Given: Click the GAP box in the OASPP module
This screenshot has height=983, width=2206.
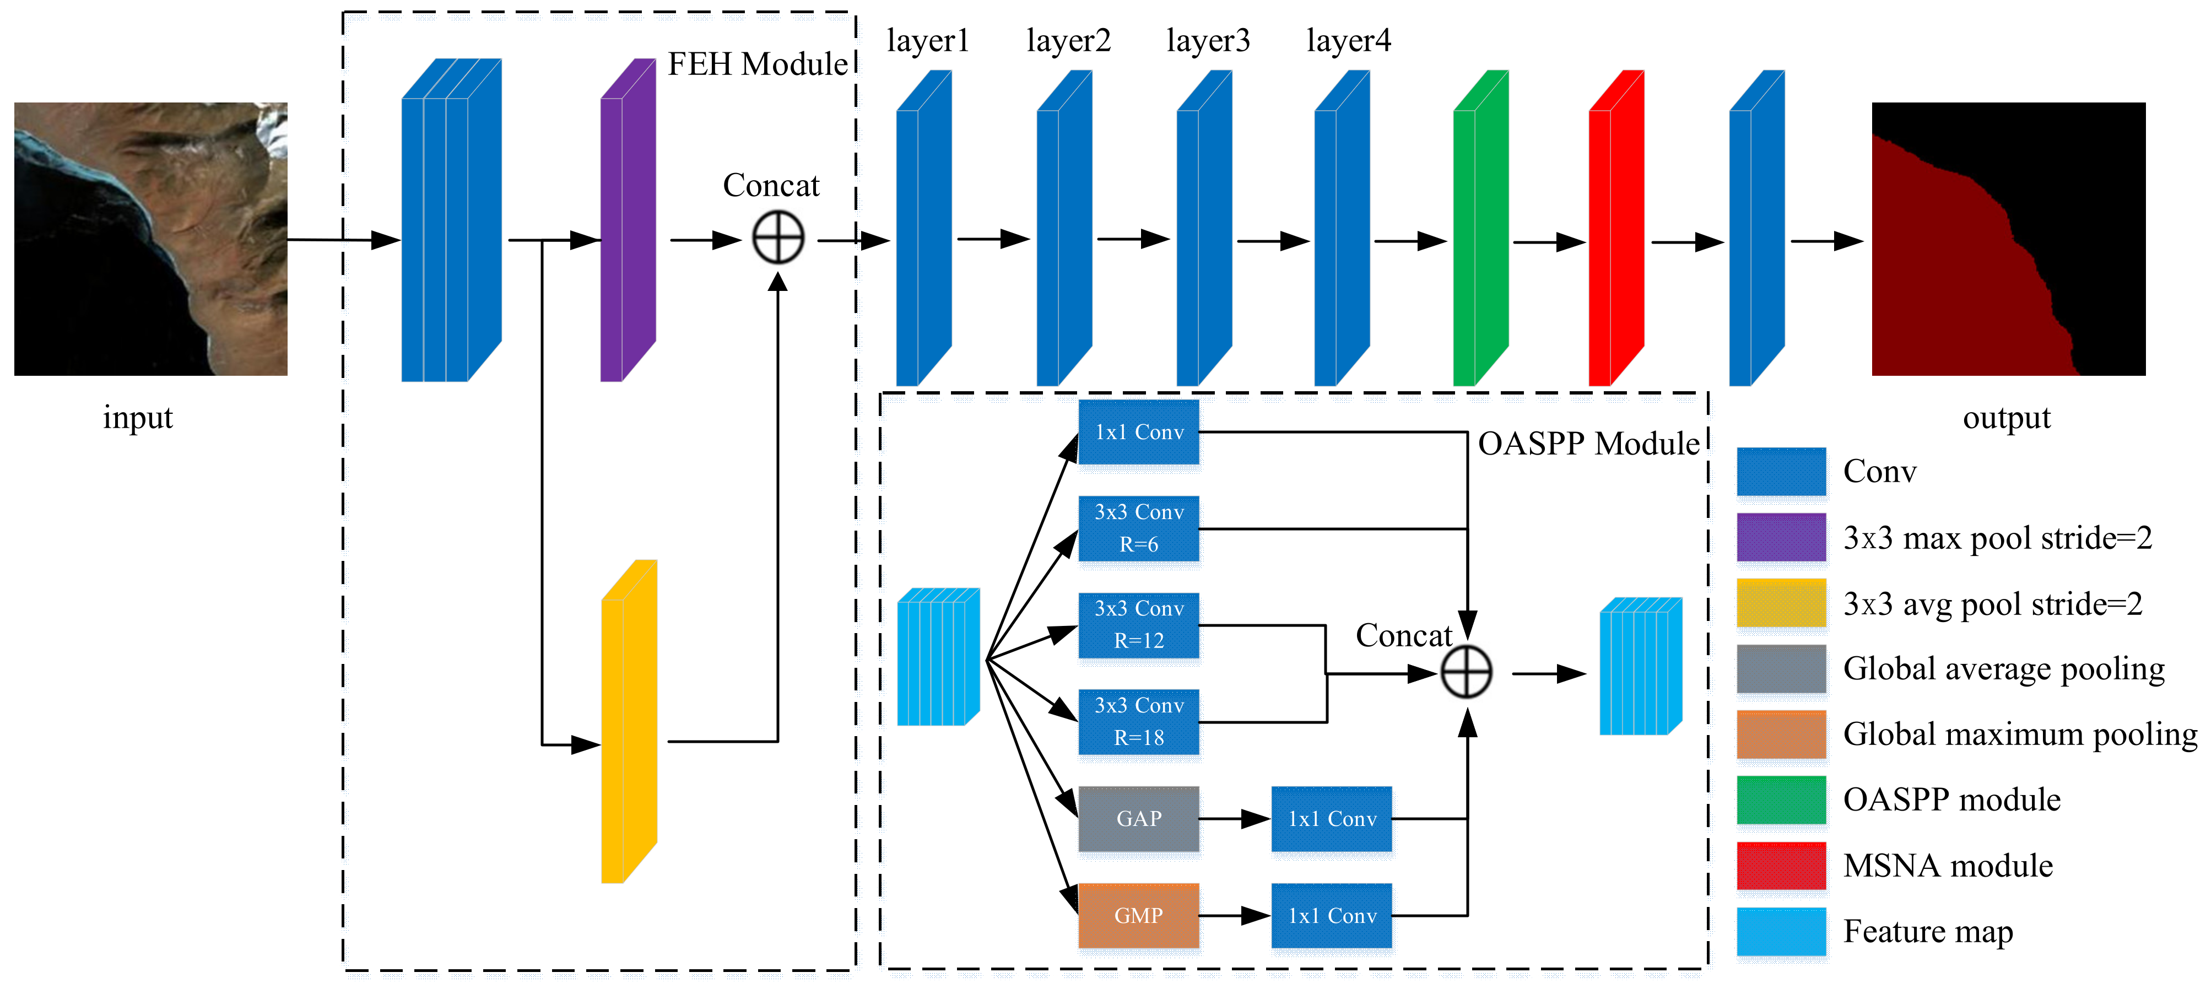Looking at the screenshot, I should point(1138,819).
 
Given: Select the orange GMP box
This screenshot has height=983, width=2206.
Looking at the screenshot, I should point(1138,915).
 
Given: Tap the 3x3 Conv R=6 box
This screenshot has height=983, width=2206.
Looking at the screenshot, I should point(1138,528).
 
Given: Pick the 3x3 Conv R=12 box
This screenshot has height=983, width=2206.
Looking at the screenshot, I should point(1138,625).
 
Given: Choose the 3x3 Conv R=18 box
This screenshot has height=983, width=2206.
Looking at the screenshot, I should point(1138,722).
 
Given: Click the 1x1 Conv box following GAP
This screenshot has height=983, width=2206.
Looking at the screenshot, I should point(1332,819).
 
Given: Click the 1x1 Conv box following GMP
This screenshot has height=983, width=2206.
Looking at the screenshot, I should point(1332,915).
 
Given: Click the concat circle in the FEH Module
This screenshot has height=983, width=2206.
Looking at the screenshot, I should point(777,239).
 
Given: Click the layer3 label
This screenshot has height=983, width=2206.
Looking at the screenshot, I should point(1208,40).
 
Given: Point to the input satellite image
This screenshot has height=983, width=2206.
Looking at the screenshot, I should point(151,239).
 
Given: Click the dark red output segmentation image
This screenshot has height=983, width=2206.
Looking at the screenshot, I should point(2008,239).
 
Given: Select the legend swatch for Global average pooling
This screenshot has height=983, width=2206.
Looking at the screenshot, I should point(1781,669).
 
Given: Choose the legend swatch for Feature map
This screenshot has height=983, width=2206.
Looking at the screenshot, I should point(1781,931).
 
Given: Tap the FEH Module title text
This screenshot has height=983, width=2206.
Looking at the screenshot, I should point(757,64).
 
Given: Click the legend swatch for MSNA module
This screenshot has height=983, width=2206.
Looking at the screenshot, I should point(1781,866).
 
